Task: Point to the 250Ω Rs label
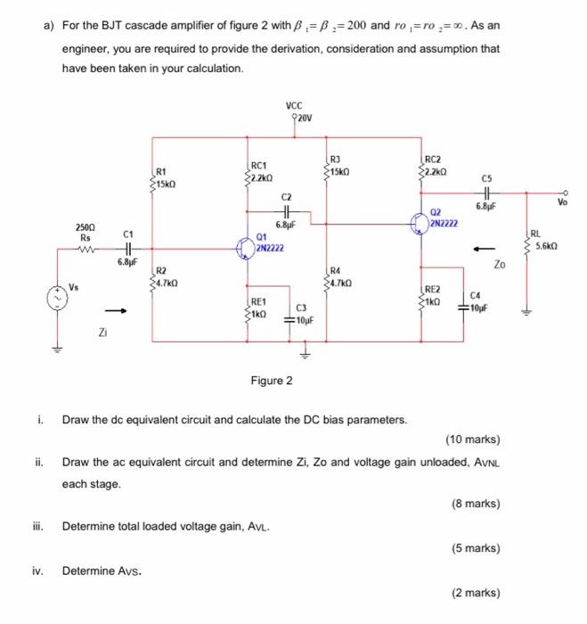[86, 234]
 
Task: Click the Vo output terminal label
[562, 202]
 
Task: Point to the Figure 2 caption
[271, 381]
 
